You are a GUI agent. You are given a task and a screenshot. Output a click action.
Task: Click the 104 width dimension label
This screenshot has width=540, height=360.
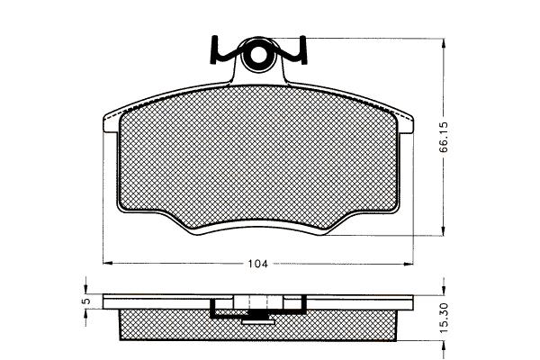tap(258, 264)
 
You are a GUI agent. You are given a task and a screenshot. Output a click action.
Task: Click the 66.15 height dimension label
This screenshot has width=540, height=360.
tap(444, 137)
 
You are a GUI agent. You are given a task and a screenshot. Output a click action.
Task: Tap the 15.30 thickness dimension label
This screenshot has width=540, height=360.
tap(444, 318)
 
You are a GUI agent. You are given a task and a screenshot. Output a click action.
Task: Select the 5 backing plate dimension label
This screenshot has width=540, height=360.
tap(86, 301)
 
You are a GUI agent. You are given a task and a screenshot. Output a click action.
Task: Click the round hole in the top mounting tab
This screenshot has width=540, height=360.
tap(257, 55)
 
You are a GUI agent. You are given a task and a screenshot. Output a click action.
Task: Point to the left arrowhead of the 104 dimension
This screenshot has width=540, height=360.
tap(108, 264)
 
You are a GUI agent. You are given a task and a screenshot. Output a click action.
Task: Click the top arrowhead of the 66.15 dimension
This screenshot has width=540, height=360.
tap(444, 43)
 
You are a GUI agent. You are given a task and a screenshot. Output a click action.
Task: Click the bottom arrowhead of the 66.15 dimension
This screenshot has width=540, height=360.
tap(444, 230)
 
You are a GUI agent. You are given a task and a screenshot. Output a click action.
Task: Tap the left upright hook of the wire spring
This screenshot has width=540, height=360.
tap(213, 49)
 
